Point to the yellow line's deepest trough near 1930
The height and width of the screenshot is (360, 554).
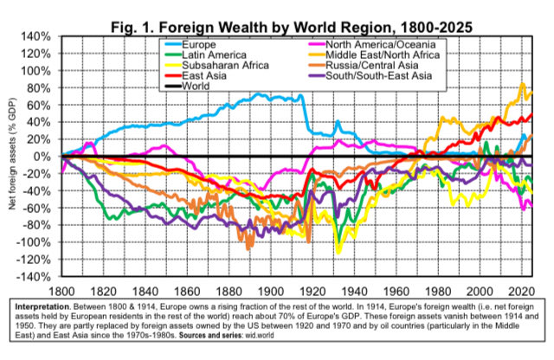point(338,252)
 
